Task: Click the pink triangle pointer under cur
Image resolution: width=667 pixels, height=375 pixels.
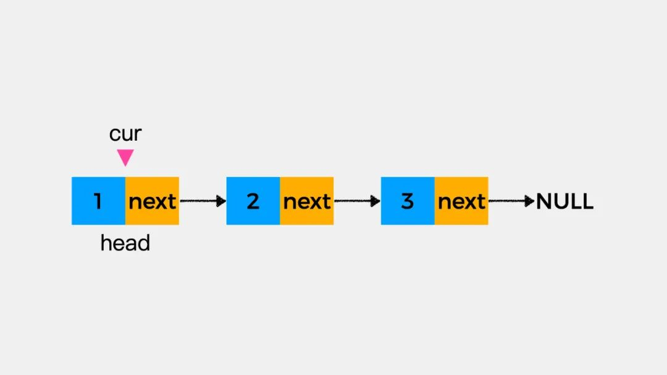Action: click(125, 157)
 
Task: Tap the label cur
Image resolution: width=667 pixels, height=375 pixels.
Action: click(125, 133)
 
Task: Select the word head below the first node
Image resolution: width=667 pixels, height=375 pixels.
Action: click(125, 243)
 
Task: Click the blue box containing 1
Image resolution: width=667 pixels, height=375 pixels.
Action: click(99, 201)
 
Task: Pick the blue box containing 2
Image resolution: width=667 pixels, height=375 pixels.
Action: click(253, 201)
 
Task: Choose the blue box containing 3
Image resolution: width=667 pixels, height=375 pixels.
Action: click(408, 201)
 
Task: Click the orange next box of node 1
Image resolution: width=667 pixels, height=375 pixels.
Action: click(153, 201)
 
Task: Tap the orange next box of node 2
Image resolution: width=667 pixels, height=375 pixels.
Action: click(307, 201)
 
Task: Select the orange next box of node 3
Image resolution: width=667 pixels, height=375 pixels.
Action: click(461, 201)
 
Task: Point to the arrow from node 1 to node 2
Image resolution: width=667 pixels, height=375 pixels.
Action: click(203, 201)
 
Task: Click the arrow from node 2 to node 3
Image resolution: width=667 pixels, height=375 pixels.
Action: click(357, 201)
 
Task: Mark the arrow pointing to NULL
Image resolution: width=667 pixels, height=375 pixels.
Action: click(511, 201)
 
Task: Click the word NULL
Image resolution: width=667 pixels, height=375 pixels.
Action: click(564, 201)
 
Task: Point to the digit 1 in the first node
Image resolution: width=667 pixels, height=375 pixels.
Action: click(98, 202)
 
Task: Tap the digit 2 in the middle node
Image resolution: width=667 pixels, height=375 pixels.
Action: click(253, 202)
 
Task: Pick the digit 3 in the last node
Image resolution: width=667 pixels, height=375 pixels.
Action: click(407, 202)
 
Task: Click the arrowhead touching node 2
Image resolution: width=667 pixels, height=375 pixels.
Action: click(221, 201)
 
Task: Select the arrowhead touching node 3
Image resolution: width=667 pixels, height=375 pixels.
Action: click(375, 201)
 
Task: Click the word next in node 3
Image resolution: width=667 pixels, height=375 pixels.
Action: click(461, 202)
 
